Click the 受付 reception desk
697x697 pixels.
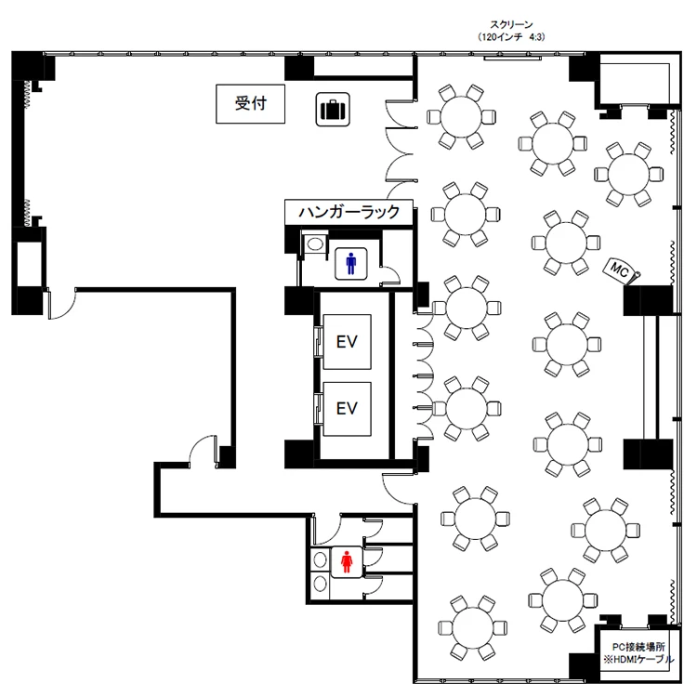[250, 104]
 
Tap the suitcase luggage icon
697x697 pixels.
[333, 110]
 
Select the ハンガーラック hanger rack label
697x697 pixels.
[348, 212]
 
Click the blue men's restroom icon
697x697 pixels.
[350, 264]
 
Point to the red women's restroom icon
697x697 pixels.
[347, 562]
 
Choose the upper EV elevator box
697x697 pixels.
[347, 342]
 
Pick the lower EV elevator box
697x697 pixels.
[347, 409]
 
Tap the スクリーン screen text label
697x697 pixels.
[511, 25]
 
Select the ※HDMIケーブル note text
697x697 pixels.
[638, 659]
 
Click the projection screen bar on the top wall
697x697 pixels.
[512, 58]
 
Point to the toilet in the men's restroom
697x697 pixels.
[315, 243]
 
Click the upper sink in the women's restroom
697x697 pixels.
[320, 560]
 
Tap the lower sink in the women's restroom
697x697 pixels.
[320, 584]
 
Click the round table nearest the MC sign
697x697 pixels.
[566, 243]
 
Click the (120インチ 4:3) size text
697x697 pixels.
[511, 37]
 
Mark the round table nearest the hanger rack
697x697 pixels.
[466, 215]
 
